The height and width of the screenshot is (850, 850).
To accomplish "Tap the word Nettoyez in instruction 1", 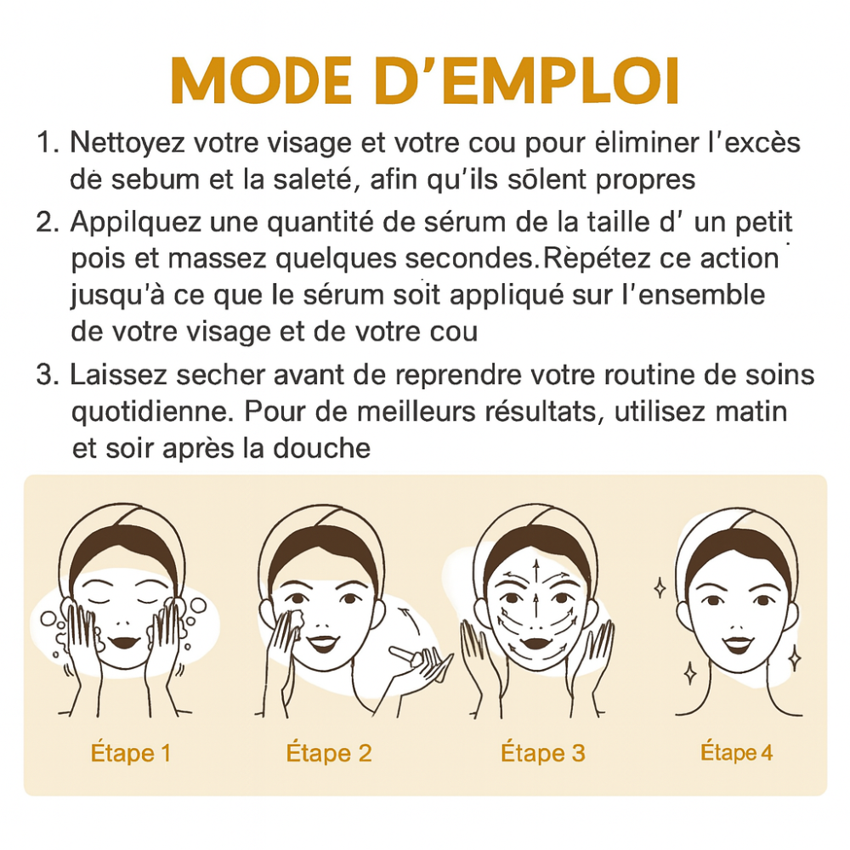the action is [127, 144].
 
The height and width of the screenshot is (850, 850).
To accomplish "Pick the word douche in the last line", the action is [321, 448].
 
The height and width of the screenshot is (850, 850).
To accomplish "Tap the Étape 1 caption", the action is [131, 752].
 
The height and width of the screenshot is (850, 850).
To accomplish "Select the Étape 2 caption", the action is [329, 752].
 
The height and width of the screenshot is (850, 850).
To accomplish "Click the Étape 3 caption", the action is [543, 752].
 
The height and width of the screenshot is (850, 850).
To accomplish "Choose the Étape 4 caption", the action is [737, 752].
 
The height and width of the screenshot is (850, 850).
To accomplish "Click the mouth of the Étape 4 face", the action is [739, 644].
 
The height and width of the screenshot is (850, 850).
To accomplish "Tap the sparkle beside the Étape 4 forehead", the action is [660, 588].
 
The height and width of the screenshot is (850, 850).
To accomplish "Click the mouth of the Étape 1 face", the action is [123, 643].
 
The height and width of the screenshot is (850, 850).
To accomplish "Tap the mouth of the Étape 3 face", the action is [535, 643].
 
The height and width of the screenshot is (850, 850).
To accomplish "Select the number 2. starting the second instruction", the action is [48, 222].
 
